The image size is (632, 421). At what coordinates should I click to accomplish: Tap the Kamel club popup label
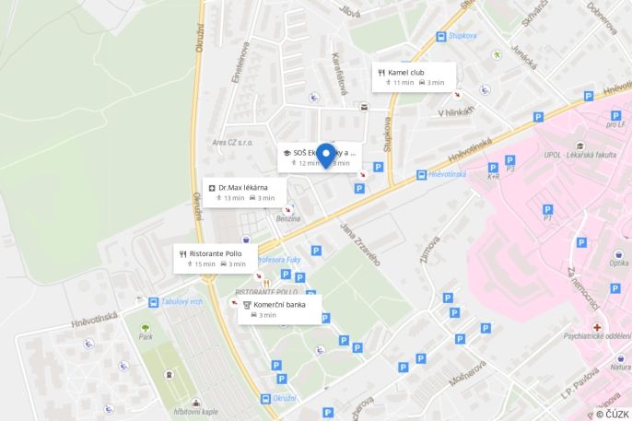(405, 71)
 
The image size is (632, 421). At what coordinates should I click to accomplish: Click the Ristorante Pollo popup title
(216, 253)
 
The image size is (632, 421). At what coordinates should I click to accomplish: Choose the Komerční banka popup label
(279, 304)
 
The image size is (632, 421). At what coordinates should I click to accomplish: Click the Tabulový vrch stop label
(181, 301)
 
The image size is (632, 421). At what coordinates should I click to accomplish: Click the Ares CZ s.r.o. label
(232, 143)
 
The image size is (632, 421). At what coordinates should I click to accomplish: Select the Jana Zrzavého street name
(360, 243)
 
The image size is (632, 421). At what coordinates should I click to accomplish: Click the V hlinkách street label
(456, 112)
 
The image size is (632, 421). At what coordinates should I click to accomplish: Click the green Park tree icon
(145, 326)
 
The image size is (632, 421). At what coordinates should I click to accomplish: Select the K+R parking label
(493, 176)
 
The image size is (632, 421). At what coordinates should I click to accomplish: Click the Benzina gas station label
(287, 218)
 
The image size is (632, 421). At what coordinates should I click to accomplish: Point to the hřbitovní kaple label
(195, 411)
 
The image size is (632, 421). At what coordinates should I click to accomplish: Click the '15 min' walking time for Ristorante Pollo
(205, 264)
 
